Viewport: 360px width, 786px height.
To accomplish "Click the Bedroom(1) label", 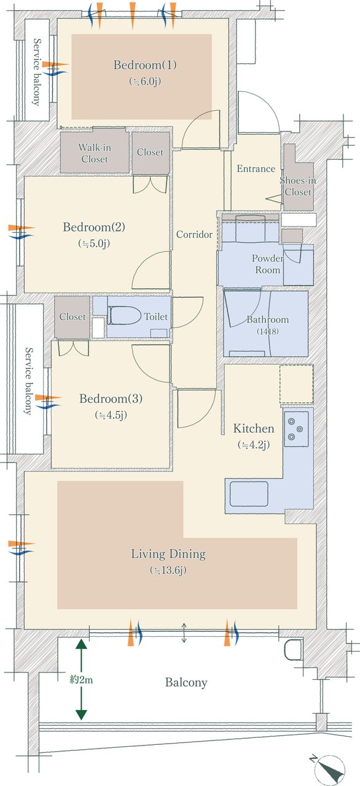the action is coord(145,65).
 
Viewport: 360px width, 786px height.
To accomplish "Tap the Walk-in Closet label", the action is coord(95,153).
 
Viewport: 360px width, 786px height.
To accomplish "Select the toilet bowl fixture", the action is coord(122,316).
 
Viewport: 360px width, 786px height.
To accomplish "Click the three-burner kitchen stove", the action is coord(297,429).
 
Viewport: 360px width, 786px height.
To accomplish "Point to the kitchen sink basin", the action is coord(249,494).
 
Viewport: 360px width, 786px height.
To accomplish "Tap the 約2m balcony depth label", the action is coord(82,680).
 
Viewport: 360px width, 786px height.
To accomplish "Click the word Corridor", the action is coord(194,235).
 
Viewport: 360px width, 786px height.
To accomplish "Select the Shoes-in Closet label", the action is coord(298,186).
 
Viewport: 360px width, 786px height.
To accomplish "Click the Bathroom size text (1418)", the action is coord(268,331).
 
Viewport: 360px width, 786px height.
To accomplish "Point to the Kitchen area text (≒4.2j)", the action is coord(254,445).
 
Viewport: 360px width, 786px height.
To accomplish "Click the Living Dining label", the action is coord(168,554).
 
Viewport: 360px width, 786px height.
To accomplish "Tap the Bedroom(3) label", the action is coord(111,399).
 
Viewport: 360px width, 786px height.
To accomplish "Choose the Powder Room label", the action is coord(268,264).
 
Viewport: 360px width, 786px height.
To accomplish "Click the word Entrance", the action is coord(256,169).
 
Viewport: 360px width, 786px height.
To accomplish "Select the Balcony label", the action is coord(186,682).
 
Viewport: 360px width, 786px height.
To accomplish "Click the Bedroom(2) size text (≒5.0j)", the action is coord(94,243).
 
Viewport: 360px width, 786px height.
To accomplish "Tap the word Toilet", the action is coord(156,316).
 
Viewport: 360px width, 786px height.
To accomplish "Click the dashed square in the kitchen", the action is coord(297,384).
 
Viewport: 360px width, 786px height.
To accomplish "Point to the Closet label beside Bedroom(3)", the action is coord(72,317).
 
